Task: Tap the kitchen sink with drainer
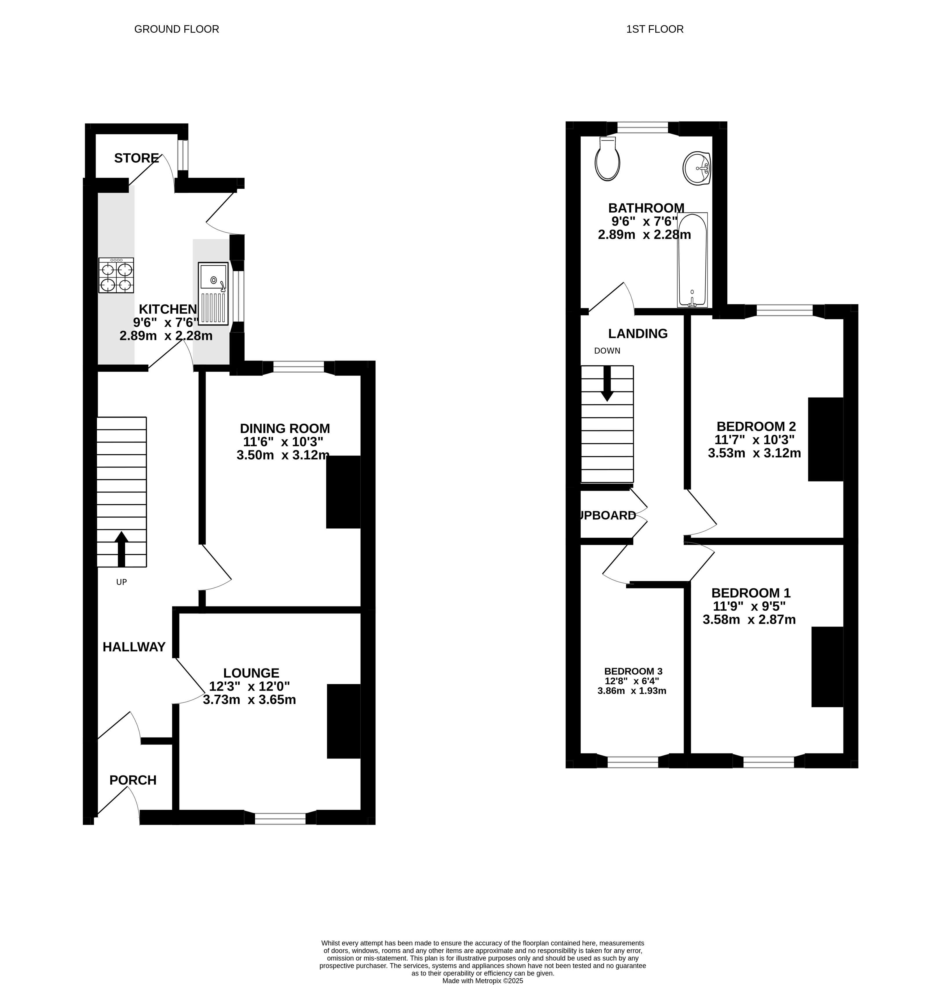click(x=213, y=293)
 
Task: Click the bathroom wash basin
click(x=697, y=168)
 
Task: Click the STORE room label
click(x=136, y=159)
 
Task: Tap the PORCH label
click(x=133, y=780)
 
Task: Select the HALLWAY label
click(x=134, y=647)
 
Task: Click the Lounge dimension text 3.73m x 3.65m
click(x=249, y=700)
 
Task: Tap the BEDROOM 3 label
click(x=633, y=671)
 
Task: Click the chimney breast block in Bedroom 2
click(x=826, y=439)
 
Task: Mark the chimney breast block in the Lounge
click(x=344, y=721)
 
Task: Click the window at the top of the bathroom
click(x=643, y=128)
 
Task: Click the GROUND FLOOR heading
click(x=177, y=29)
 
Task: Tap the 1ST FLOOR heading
click(x=654, y=29)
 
